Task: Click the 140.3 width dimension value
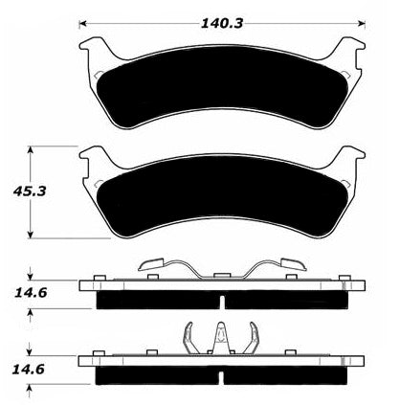coord(222,23)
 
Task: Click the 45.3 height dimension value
coord(30,191)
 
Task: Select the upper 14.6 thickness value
coord(31,292)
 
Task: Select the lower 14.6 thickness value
coord(28,370)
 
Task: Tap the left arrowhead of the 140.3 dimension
coord(82,23)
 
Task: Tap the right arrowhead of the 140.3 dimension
coord(362,23)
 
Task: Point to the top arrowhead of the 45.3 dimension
coord(31,150)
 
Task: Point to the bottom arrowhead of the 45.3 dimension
coord(31,235)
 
